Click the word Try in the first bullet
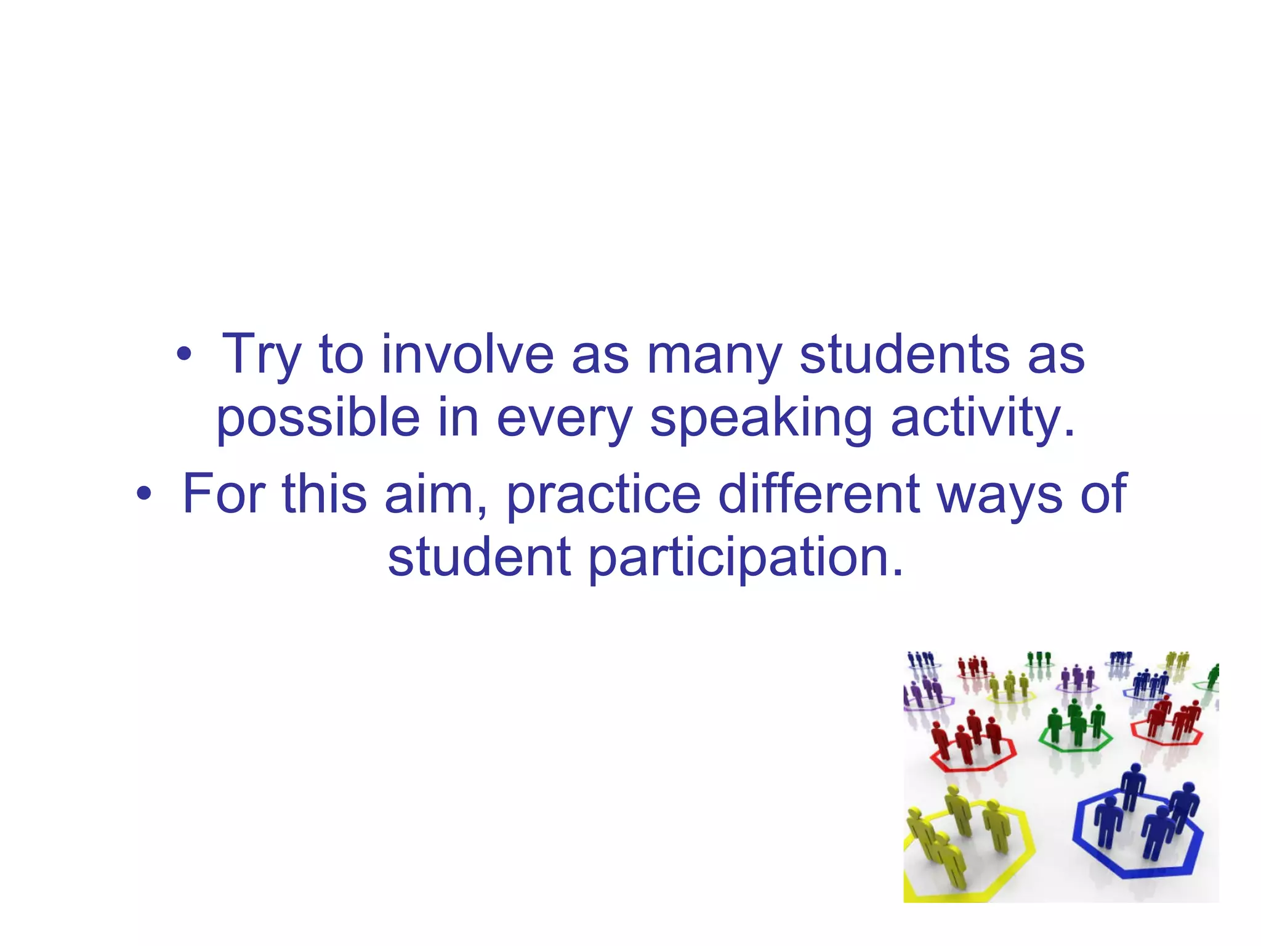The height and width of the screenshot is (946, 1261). click(x=261, y=355)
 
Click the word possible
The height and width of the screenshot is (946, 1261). click(x=318, y=419)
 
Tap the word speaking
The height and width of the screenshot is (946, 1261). click(x=761, y=419)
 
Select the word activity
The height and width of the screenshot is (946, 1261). click(x=983, y=419)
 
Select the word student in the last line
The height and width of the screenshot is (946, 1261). click(x=479, y=557)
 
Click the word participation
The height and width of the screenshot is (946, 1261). click(x=746, y=558)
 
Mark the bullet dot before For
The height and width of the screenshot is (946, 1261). click(x=143, y=494)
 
